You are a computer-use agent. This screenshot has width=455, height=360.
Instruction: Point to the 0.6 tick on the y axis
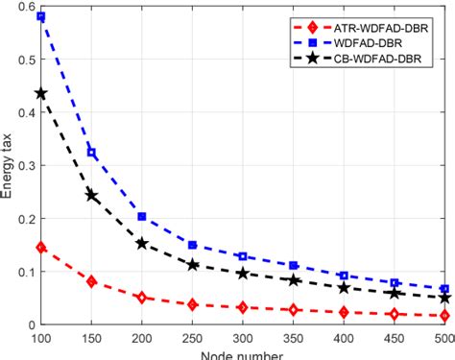pyautogui.click(x=22, y=7)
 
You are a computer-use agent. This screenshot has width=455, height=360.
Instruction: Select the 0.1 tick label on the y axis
pyautogui.click(x=22, y=274)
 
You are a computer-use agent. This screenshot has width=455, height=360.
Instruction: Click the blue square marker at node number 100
pyautogui.click(x=41, y=17)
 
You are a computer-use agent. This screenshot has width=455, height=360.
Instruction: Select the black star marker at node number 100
pyautogui.click(x=41, y=94)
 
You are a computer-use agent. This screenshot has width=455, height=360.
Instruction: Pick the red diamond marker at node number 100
pyautogui.click(x=41, y=248)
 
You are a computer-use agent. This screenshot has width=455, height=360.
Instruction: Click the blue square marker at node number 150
pyautogui.click(x=92, y=153)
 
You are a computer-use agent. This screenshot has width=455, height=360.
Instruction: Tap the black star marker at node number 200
pyautogui.click(x=142, y=244)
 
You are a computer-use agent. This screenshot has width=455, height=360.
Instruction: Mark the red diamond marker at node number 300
pyautogui.click(x=243, y=308)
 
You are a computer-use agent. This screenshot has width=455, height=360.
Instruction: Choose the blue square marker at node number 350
pyautogui.click(x=294, y=265)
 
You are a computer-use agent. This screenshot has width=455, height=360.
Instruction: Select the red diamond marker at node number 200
pyautogui.click(x=142, y=298)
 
